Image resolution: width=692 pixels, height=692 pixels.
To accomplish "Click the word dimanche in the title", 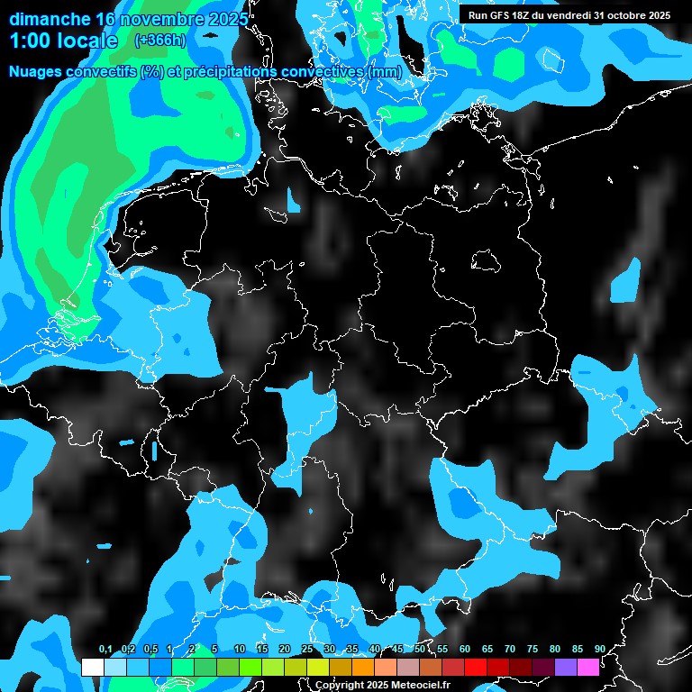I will pos(49,19).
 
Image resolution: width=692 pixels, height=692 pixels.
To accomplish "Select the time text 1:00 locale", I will pos(63,41).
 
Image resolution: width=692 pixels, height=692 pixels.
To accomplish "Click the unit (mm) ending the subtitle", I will pos(383,71).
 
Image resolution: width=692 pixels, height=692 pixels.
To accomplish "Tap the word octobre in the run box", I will pos(623,15).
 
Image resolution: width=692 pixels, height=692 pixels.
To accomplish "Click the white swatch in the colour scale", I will pos(92,667).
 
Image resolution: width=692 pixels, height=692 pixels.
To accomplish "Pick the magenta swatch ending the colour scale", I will pos(588,667).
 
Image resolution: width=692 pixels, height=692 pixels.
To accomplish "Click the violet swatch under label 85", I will pos(566,667).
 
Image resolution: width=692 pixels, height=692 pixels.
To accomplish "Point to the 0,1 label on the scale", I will pos(105,650).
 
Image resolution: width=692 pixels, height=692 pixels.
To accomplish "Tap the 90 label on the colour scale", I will pos(599,650).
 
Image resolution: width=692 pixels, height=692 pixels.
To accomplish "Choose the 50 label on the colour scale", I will pos(420,650).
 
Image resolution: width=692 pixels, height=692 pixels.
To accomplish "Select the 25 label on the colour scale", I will pos(307,650).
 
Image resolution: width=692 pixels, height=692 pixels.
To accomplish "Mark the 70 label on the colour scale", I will pos(510,650).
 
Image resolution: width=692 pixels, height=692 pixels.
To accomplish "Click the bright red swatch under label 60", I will pos(476,667).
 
